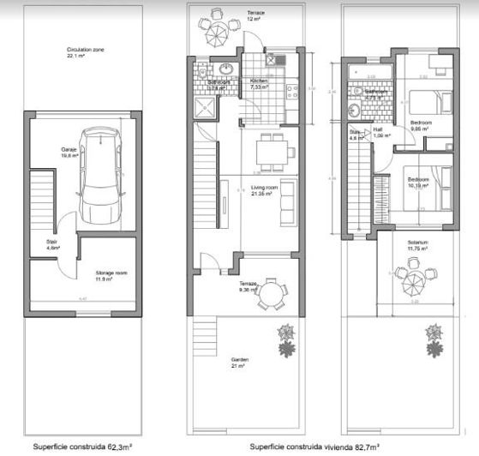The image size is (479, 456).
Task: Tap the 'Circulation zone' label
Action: [85, 51]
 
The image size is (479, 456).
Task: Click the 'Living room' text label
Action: [261, 188]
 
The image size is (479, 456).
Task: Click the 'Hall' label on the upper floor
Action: [378, 132]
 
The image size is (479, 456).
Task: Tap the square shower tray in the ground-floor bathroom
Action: [207, 107]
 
